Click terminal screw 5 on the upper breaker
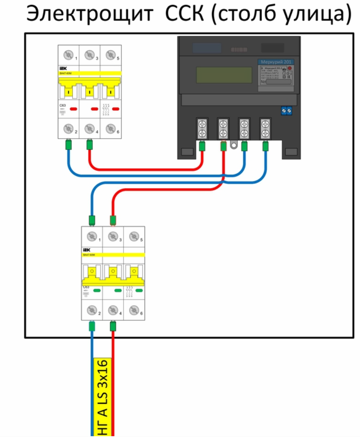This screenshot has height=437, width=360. [x=110, y=55]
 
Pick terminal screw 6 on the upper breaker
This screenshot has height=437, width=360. [x=110, y=128]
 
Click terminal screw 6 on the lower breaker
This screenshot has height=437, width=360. [x=134, y=309]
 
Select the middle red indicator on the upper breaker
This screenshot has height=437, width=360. [x=94, y=109]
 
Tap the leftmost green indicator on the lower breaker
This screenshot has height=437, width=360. [x=97, y=291]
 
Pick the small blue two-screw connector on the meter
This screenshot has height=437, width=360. [x=286, y=111]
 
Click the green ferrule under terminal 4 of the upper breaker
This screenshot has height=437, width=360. [x=89, y=145]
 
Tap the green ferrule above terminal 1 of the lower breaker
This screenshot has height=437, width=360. [x=92, y=220]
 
